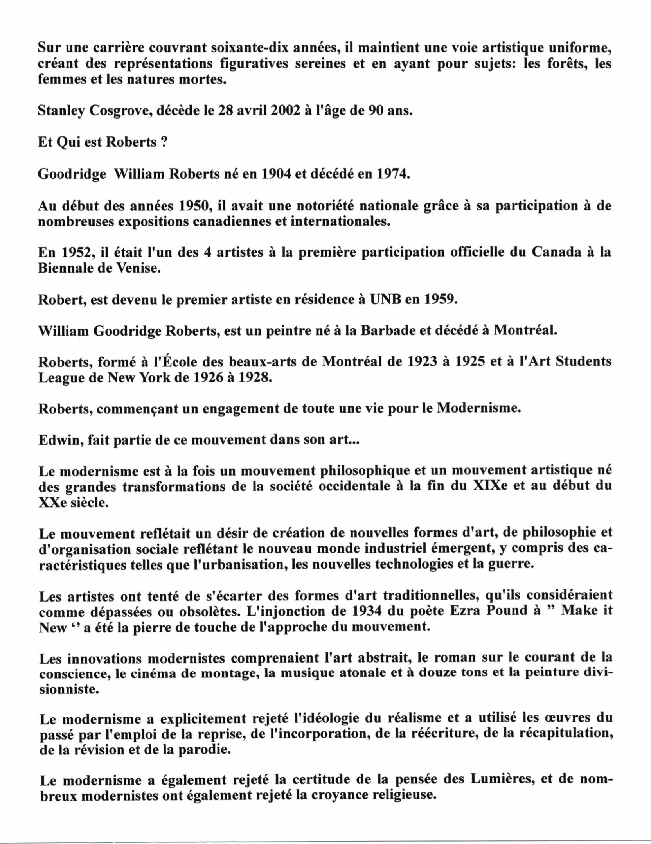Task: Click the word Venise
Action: [139, 269]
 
